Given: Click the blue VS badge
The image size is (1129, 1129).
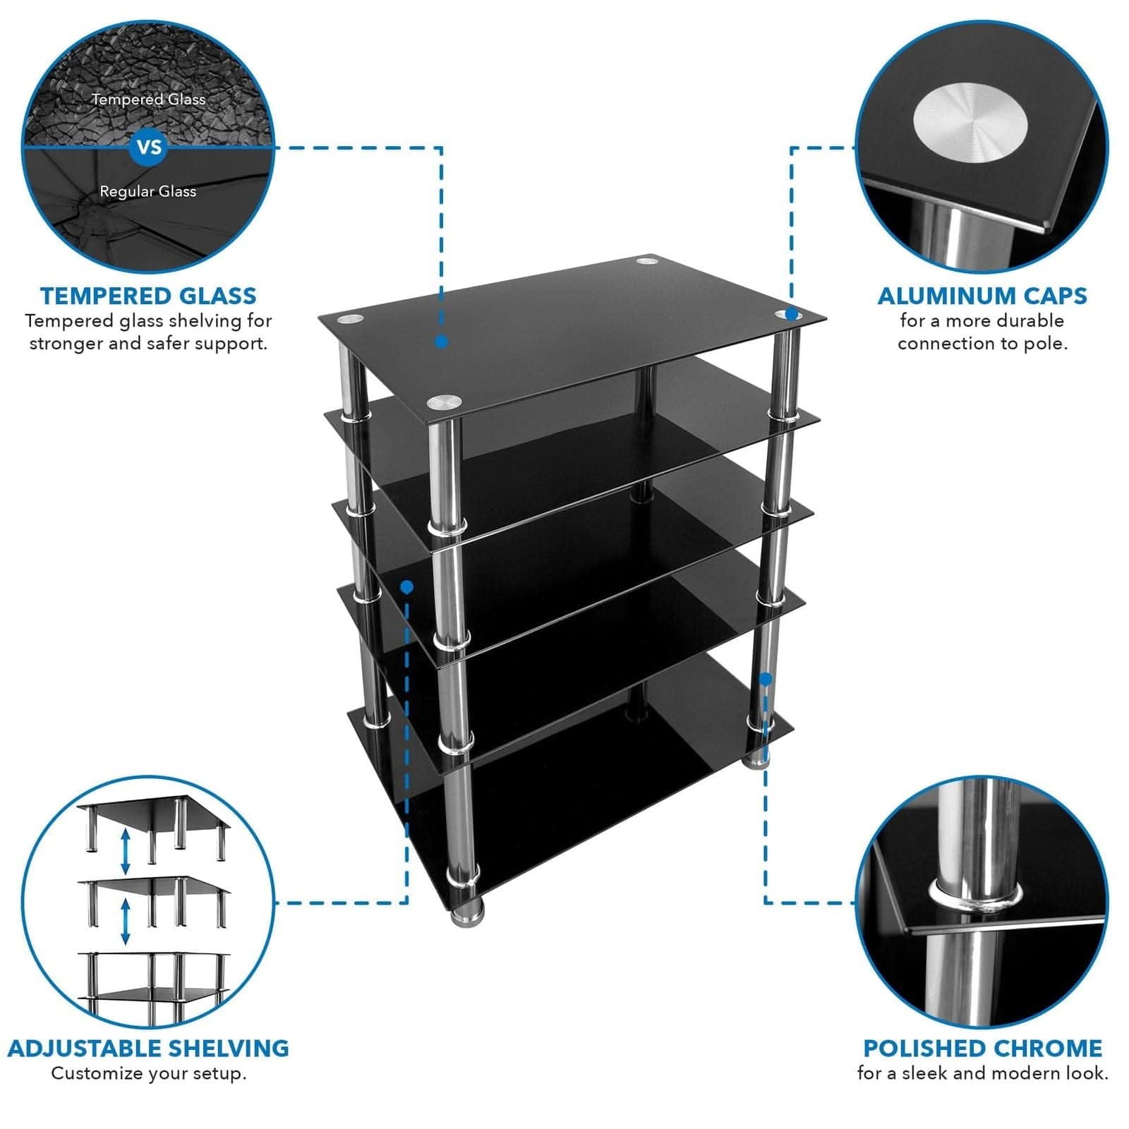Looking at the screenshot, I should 149,147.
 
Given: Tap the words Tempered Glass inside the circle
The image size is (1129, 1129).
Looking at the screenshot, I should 148,99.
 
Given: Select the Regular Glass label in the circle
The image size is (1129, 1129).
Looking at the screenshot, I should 147,191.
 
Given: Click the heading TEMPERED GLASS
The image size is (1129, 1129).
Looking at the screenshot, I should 148,296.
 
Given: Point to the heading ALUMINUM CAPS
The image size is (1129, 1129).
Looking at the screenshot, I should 982,296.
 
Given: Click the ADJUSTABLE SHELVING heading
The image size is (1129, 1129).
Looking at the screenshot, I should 148,1048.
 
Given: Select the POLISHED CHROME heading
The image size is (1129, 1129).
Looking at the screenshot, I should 982,1048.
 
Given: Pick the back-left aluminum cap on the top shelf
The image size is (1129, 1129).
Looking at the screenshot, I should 351,319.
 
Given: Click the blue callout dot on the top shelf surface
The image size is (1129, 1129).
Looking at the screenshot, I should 441,342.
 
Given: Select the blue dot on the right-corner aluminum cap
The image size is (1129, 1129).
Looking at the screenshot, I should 791,313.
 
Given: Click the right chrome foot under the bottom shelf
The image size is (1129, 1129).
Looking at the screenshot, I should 756,761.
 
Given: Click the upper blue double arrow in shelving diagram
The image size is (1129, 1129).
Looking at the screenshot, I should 126,851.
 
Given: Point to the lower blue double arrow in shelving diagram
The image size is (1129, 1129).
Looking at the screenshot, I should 126,921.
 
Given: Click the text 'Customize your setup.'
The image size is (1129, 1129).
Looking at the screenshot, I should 148,1073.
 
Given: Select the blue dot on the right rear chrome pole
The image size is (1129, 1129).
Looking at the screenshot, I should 766,679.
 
